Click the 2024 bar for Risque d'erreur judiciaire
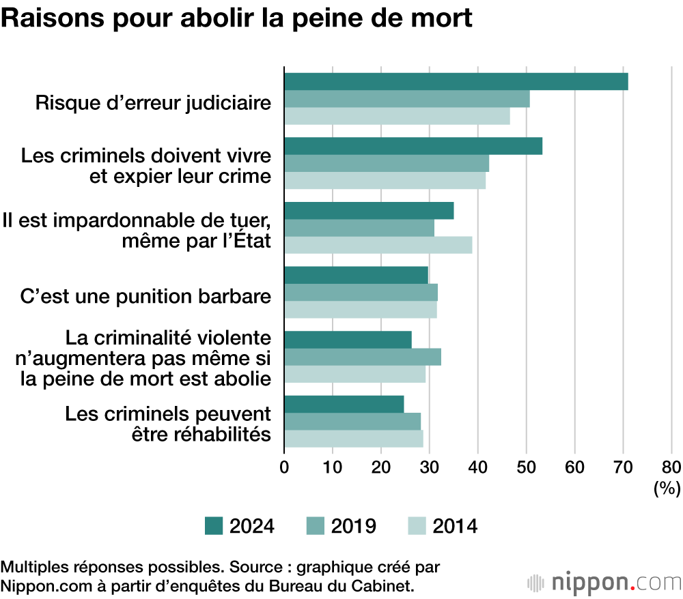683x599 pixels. pos(456,81)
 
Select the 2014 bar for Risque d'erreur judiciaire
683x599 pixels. pos(397,117)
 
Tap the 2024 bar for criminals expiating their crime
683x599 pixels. pos(413,146)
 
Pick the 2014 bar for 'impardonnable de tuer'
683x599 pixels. pos(378,245)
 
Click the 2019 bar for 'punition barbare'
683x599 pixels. pos(361,292)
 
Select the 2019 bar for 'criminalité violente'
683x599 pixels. pos(362,357)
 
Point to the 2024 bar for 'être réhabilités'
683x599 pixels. pos(344,404)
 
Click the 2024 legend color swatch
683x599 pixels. pos(214,526)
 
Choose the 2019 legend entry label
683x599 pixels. pos(353,526)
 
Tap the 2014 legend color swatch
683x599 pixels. pos(417,526)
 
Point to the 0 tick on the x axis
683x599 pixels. pos(284,467)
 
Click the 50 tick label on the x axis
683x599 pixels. pos(526,467)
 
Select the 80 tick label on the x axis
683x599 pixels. pos(671,467)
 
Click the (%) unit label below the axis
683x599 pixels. pos(667,488)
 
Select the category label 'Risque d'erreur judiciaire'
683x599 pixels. pos(153,104)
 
